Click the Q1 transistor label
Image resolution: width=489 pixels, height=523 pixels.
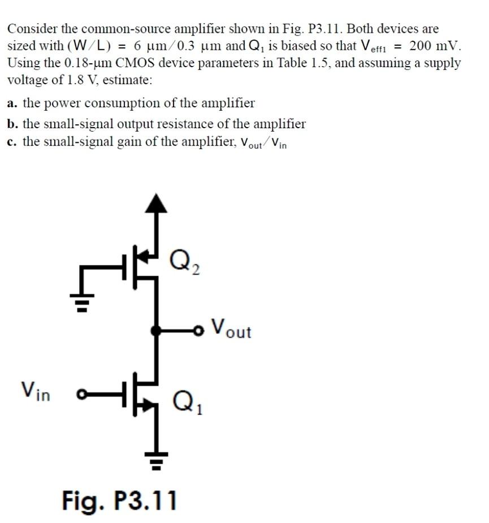tap(185, 402)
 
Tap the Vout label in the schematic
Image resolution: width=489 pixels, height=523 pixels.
tap(231, 328)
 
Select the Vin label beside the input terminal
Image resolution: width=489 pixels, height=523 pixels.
tap(36, 390)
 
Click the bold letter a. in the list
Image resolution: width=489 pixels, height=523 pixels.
tap(12, 103)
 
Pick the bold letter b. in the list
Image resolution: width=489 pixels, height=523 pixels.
tap(12, 124)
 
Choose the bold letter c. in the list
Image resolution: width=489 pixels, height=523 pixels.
tap(12, 141)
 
